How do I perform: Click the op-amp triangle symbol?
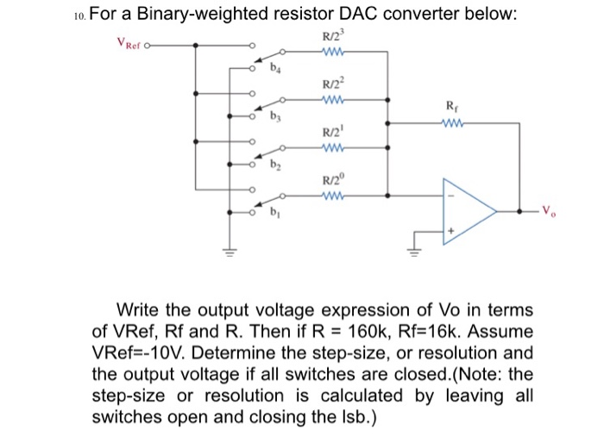pos(466,209)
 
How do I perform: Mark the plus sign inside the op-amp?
pos(449,232)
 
